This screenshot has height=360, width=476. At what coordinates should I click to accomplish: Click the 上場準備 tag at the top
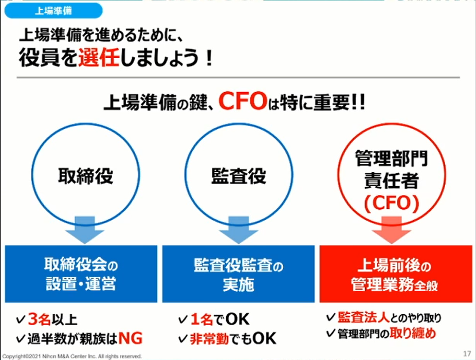pos(53,10)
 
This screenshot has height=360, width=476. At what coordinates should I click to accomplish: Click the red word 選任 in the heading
pos(99,58)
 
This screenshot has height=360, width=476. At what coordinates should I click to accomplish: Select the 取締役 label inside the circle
pos(85,176)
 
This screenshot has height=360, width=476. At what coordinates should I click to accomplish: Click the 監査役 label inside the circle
pos(239,176)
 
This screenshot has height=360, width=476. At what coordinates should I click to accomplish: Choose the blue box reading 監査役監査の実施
pos(239,274)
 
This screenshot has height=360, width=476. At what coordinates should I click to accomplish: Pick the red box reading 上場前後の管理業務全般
pos(394,274)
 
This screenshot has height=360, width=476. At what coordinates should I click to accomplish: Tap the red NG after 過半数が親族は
pos(130,337)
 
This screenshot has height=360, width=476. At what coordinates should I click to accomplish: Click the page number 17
pos(467,353)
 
